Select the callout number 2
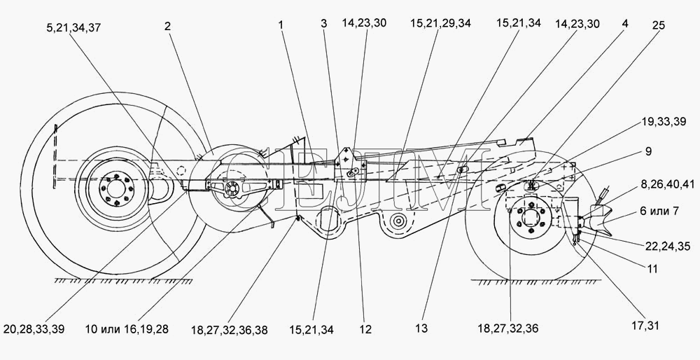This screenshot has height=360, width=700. [167, 26]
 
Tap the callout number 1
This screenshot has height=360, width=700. [281, 25]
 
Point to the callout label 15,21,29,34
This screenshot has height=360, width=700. [440, 23]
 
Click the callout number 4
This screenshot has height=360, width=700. [625, 23]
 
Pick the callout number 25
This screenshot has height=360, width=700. [659, 25]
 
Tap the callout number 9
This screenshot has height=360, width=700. [648, 151]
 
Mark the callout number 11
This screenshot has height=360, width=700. [652, 269]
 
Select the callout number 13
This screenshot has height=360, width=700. [421, 328]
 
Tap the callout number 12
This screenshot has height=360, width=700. [365, 330]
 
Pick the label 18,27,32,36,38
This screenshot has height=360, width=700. [230, 330]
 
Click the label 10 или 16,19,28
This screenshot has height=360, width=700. [127, 330]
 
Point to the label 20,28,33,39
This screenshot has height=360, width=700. [34, 329]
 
